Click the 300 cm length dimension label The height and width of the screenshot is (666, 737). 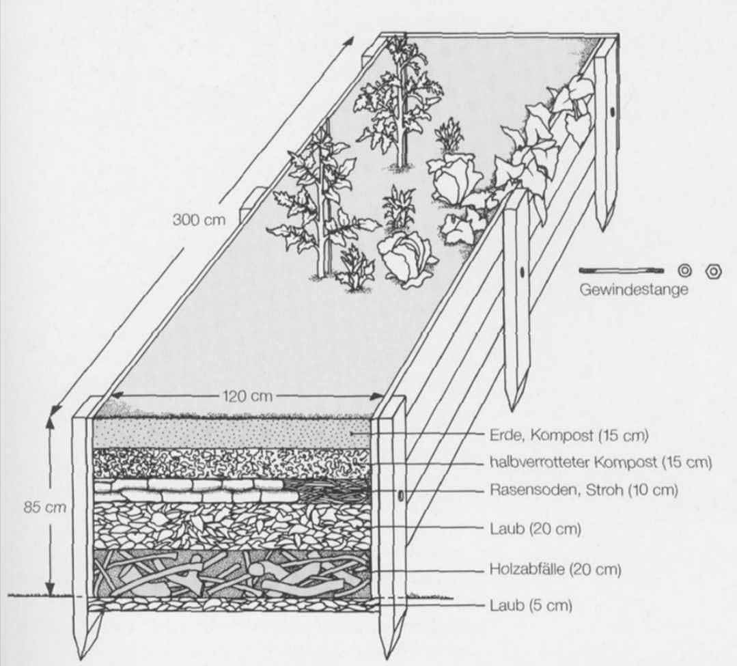(x=199, y=219)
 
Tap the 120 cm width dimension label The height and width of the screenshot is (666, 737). (x=247, y=396)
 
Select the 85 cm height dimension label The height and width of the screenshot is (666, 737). (x=45, y=508)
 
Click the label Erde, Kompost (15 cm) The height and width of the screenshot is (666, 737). (x=569, y=435)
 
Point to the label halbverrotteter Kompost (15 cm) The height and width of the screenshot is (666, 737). (x=600, y=462)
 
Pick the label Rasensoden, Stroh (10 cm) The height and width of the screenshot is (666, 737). (x=584, y=490)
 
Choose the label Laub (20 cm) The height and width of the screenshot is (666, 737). (x=536, y=529)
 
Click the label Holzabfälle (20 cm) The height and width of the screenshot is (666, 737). (x=555, y=570)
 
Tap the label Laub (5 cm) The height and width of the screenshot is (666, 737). (x=531, y=605)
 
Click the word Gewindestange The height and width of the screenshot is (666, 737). (x=634, y=290)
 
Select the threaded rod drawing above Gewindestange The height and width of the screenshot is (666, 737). (x=622, y=270)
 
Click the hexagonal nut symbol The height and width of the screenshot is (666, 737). (x=714, y=271)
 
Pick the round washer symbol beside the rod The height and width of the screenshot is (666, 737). (x=685, y=271)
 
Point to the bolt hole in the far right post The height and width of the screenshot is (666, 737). (x=613, y=112)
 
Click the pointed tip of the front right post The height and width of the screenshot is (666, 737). (x=388, y=657)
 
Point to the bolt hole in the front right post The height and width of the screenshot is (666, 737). (x=401, y=495)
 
